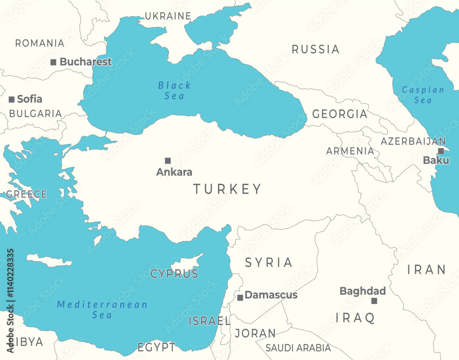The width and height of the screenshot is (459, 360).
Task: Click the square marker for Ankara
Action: click(x=168, y=161)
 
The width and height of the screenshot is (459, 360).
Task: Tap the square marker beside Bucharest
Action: click(x=53, y=62)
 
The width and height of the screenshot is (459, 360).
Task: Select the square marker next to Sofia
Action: click(x=11, y=99)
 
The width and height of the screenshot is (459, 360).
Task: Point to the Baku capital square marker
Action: click(x=441, y=151)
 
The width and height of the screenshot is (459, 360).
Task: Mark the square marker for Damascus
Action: click(x=240, y=298)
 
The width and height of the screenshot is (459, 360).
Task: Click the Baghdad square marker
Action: click(x=374, y=301)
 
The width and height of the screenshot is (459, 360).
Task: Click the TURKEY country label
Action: click(x=227, y=189)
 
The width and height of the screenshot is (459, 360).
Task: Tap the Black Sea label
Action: click(x=174, y=90)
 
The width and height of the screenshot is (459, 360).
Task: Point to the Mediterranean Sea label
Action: click(x=102, y=309)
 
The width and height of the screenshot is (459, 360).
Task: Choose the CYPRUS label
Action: click(x=174, y=274)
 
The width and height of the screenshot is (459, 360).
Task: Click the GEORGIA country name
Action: click(x=340, y=114)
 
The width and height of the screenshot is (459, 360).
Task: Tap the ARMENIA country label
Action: click(x=350, y=151)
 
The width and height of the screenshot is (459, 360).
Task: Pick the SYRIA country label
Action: click(x=269, y=263)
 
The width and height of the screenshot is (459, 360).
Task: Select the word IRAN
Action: click(x=426, y=270)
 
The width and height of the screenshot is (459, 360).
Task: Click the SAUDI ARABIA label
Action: click(x=298, y=348)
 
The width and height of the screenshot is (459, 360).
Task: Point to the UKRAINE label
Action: click(x=168, y=16)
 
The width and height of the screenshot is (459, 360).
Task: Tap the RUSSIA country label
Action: click(x=315, y=49)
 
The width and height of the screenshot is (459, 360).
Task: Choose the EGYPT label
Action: click(x=156, y=347)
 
